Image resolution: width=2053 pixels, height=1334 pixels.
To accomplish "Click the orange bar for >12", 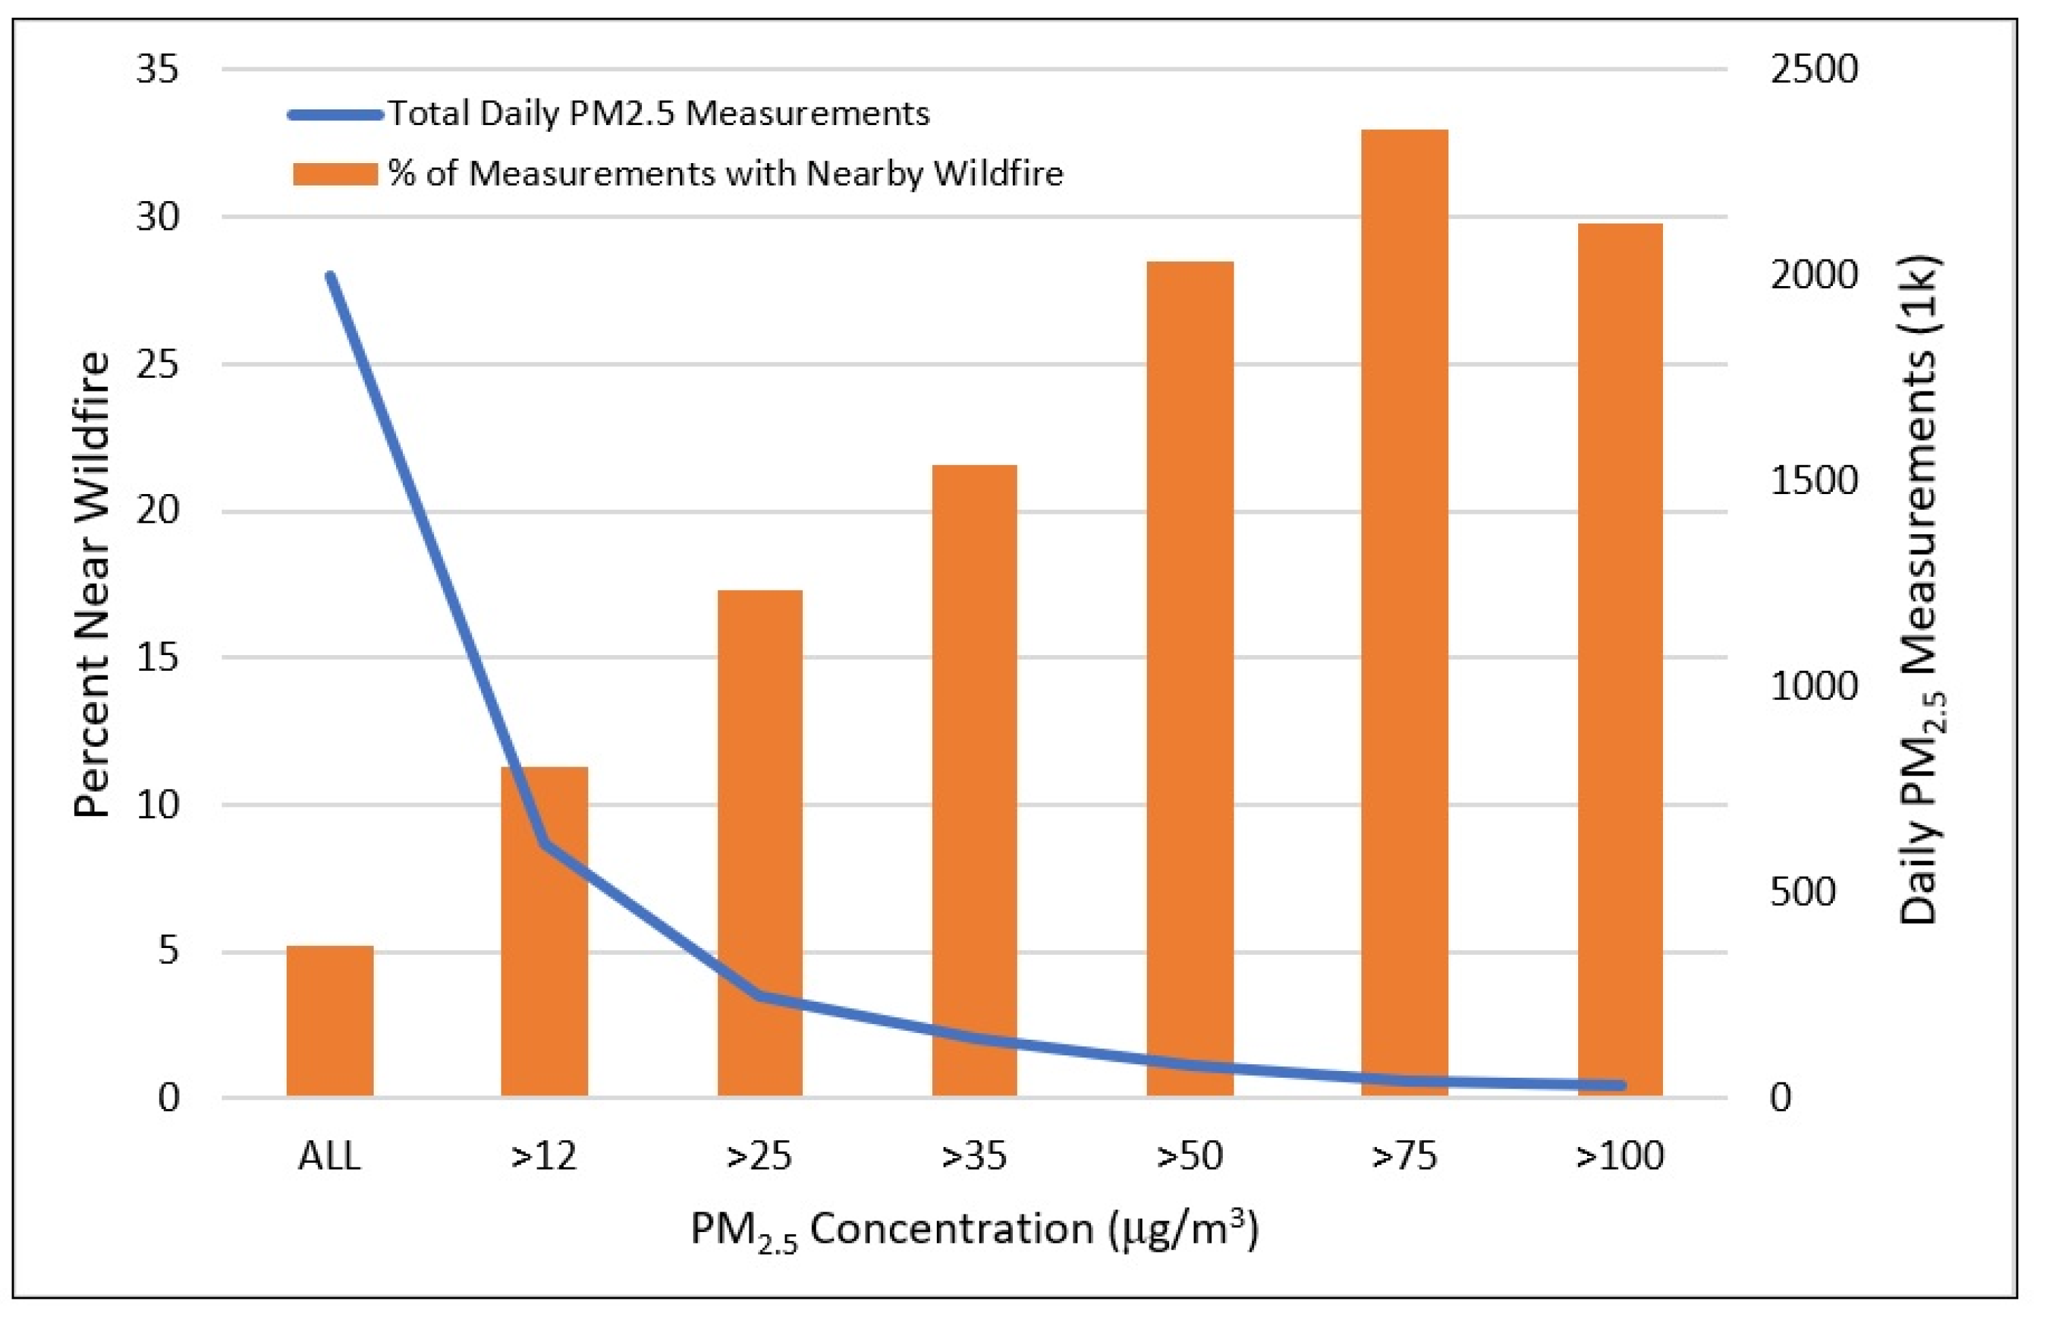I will pos(544,932).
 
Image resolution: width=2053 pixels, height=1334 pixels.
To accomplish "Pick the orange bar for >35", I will pos(975,781).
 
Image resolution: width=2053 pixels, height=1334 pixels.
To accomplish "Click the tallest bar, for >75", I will pos(1404,613).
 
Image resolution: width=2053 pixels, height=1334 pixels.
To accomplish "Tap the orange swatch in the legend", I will pos(336,174).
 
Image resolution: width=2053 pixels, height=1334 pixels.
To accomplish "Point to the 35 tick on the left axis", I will pos(157,69).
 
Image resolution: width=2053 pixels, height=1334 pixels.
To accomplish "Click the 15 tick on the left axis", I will pos(157,659).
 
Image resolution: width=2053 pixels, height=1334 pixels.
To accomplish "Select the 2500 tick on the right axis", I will pos(1814,69).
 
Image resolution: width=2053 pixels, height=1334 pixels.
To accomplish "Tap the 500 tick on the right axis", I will pos(1803,892).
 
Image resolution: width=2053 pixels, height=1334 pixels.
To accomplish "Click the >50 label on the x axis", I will pos(1190,1155).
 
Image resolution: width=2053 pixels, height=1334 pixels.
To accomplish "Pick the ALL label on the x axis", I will pos(329,1155).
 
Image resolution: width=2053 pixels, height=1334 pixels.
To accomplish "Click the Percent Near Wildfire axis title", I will pos(92,584).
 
